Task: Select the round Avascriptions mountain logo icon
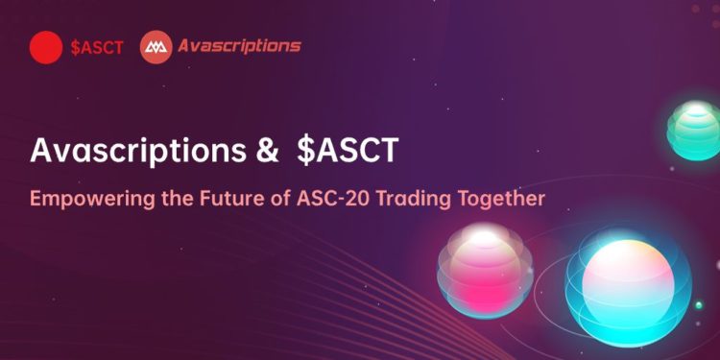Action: (156, 46)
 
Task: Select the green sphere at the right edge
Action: (696, 129)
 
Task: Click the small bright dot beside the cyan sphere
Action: (699, 305)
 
